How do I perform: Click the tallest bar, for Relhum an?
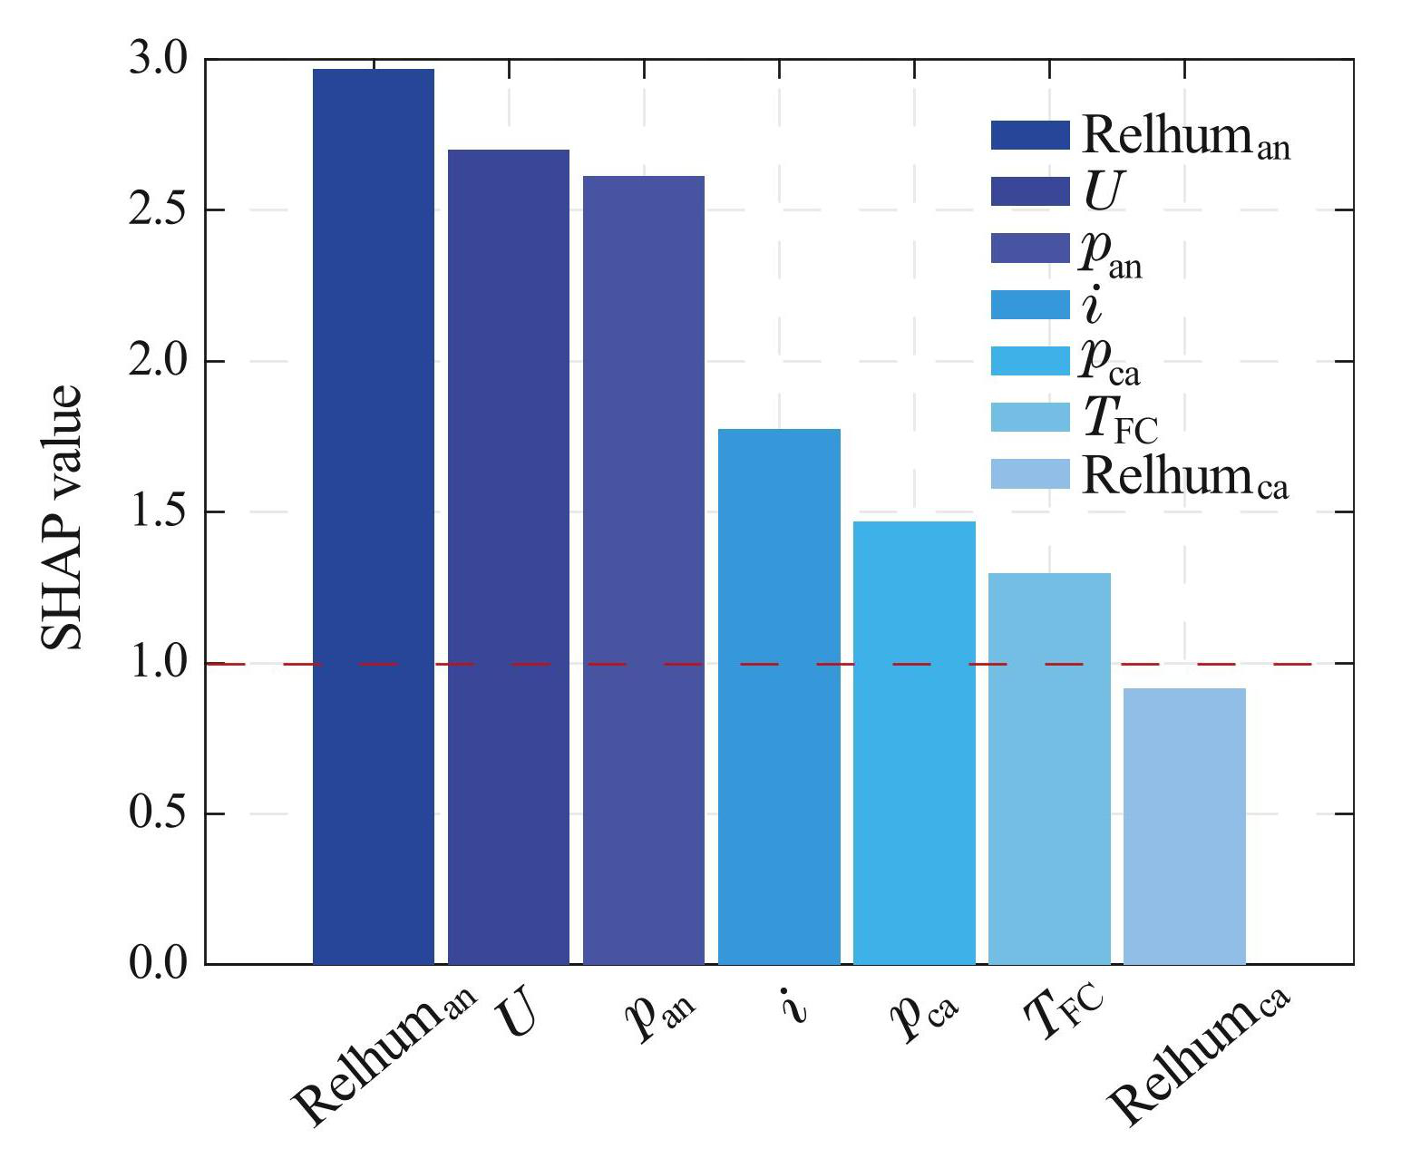click(x=373, y=516)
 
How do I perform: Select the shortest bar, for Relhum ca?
click(x=1184, y=825)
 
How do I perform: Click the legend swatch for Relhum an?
click(x=1030, y=135)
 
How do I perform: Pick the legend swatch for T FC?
click(x=1030, y=417)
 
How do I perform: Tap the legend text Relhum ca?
click(x=1185, y=476)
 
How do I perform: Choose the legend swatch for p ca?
click(x=1030, y=361)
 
